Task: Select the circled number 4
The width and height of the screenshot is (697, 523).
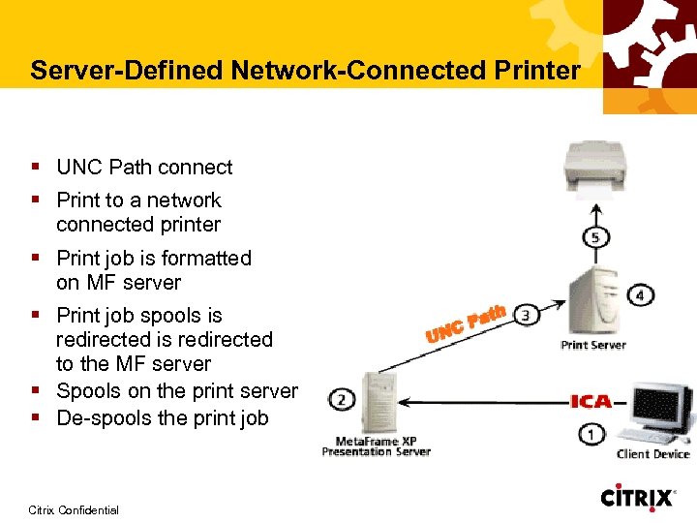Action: (641, 294)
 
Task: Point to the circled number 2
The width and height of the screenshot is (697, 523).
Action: (341, 398)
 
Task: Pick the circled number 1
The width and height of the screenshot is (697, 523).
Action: (592, 435)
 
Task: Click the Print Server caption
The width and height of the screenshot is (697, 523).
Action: (593, 345)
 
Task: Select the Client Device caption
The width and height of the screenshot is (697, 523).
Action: (653, 454)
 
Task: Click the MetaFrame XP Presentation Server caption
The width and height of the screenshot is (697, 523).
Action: (376, 446)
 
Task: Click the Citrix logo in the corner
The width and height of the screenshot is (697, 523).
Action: (638, 498)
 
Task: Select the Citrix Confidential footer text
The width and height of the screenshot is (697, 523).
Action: (74, 509)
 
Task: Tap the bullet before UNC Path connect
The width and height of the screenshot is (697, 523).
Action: (35, 167)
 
